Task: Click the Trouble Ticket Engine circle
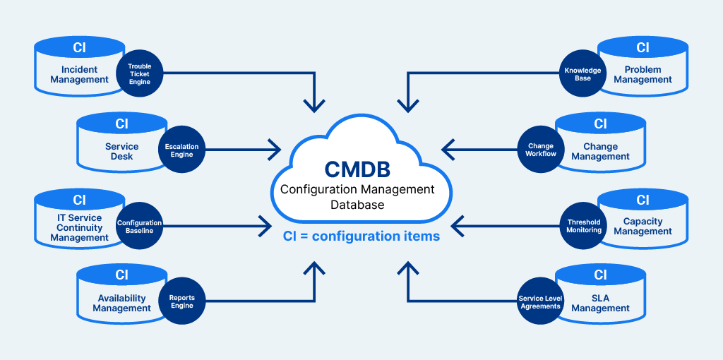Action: [139, 74]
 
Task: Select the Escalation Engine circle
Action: [181, 150]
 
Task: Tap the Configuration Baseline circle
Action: [139, 227]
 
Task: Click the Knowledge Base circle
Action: [582, 74]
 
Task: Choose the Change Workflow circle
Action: [541, 150]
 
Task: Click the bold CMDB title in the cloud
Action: [358, 170]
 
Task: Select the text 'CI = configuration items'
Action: [361, 236]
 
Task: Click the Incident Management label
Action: [80, 75]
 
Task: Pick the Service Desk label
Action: [121, 151]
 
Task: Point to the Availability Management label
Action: [121, 304]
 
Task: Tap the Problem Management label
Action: [643, 75]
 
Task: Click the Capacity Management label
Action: [643, 227]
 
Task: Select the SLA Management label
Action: [600, 304]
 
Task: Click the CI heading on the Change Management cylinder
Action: [600, 124]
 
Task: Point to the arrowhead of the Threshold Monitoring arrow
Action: [452, 226]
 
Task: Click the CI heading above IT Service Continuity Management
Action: [80, 200]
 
